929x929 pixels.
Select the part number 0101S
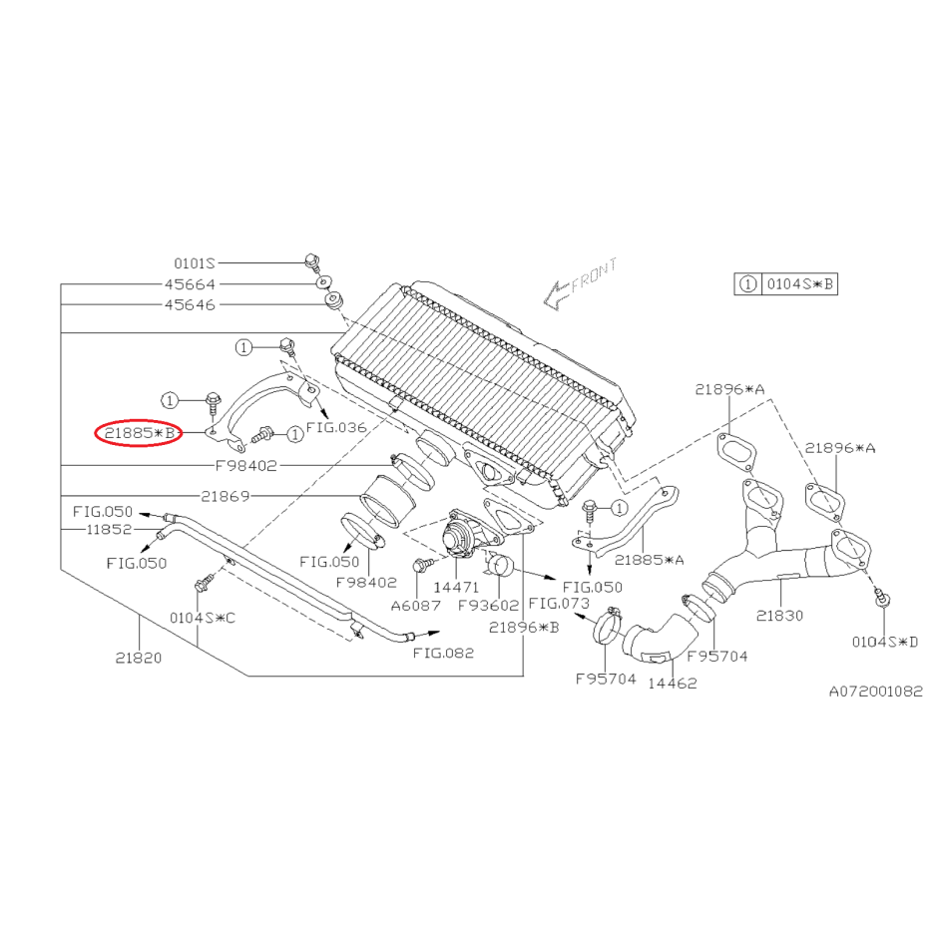pyautogui.click(x=195, y=263)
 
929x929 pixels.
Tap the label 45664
pyautogui.click(x=190, y=284)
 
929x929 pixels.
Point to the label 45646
pyautogui.click(x=190, y=304)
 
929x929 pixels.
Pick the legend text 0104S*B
pyautogui.click(x=799, y=284)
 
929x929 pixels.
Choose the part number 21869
pyautogui.click(x=225, y=496)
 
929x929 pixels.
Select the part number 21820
pyautogui.click(x=138, y=658)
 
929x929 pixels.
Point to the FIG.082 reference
pyautogui.click(x=444, y=654)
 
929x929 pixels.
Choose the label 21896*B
pyautogui.click(x=524, y=628)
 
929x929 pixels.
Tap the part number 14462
pyautogui.click(x=672, y=684)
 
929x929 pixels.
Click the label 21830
pyautogui.click(x=779, y=616)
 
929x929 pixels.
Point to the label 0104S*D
pyautogui.click(x=885, y=642)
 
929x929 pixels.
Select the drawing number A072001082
pyautogui.click(x=875, y=691)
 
